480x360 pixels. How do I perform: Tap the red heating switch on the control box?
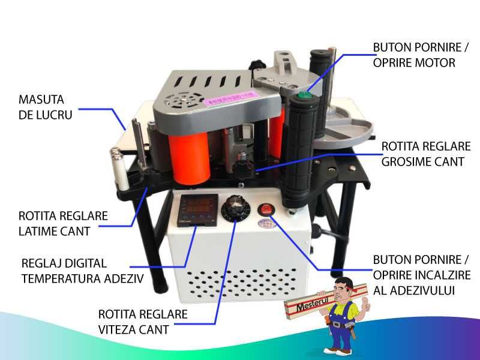265,210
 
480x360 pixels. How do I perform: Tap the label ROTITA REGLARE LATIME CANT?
55,223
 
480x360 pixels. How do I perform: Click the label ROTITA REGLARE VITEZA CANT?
142,322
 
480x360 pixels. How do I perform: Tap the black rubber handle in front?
298,150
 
